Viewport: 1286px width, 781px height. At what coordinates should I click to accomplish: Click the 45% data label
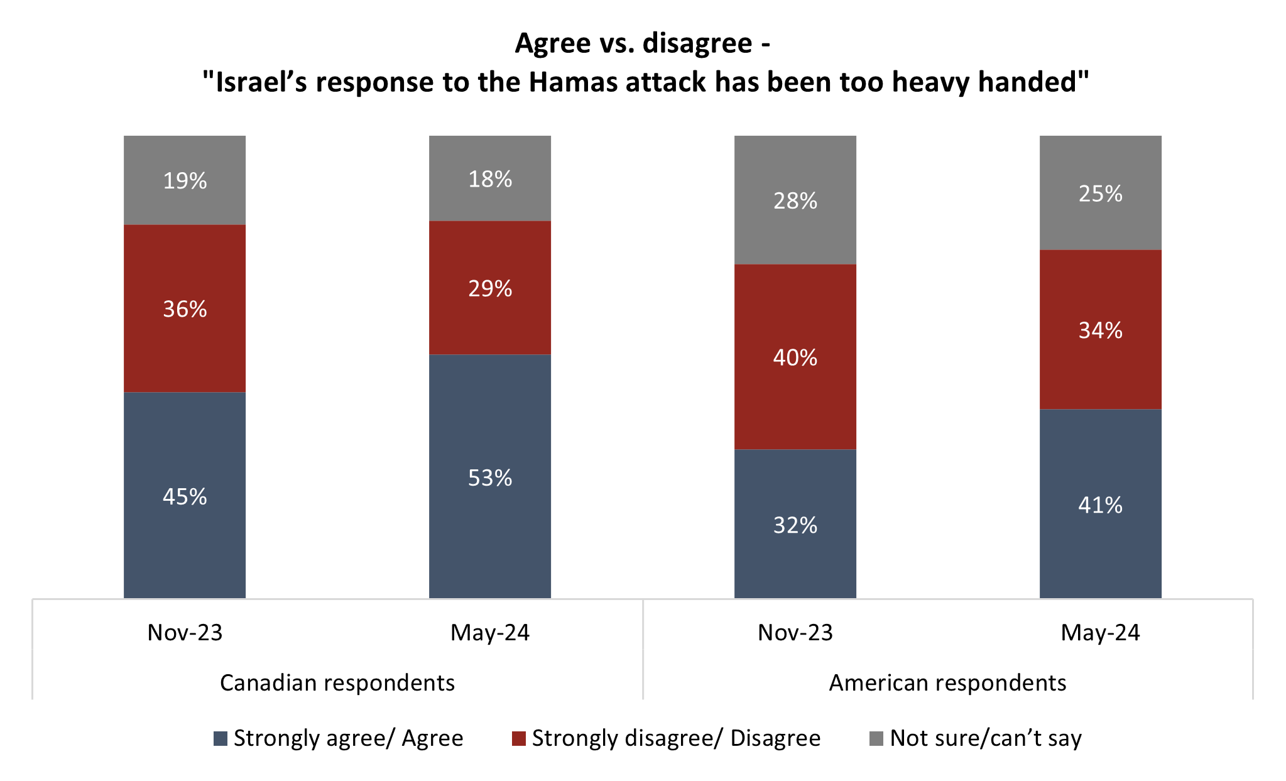pos(185,497)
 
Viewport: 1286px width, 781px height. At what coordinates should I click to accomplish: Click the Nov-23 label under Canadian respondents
pos(185,633)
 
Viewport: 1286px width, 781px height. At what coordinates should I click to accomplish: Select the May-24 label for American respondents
pos(1100,633)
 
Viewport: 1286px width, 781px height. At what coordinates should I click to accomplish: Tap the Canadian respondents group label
pos(337,683)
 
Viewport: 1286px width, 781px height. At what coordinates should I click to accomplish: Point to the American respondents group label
pos(947,683)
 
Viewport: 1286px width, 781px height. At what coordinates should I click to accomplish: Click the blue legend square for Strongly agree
pos(221,738)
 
